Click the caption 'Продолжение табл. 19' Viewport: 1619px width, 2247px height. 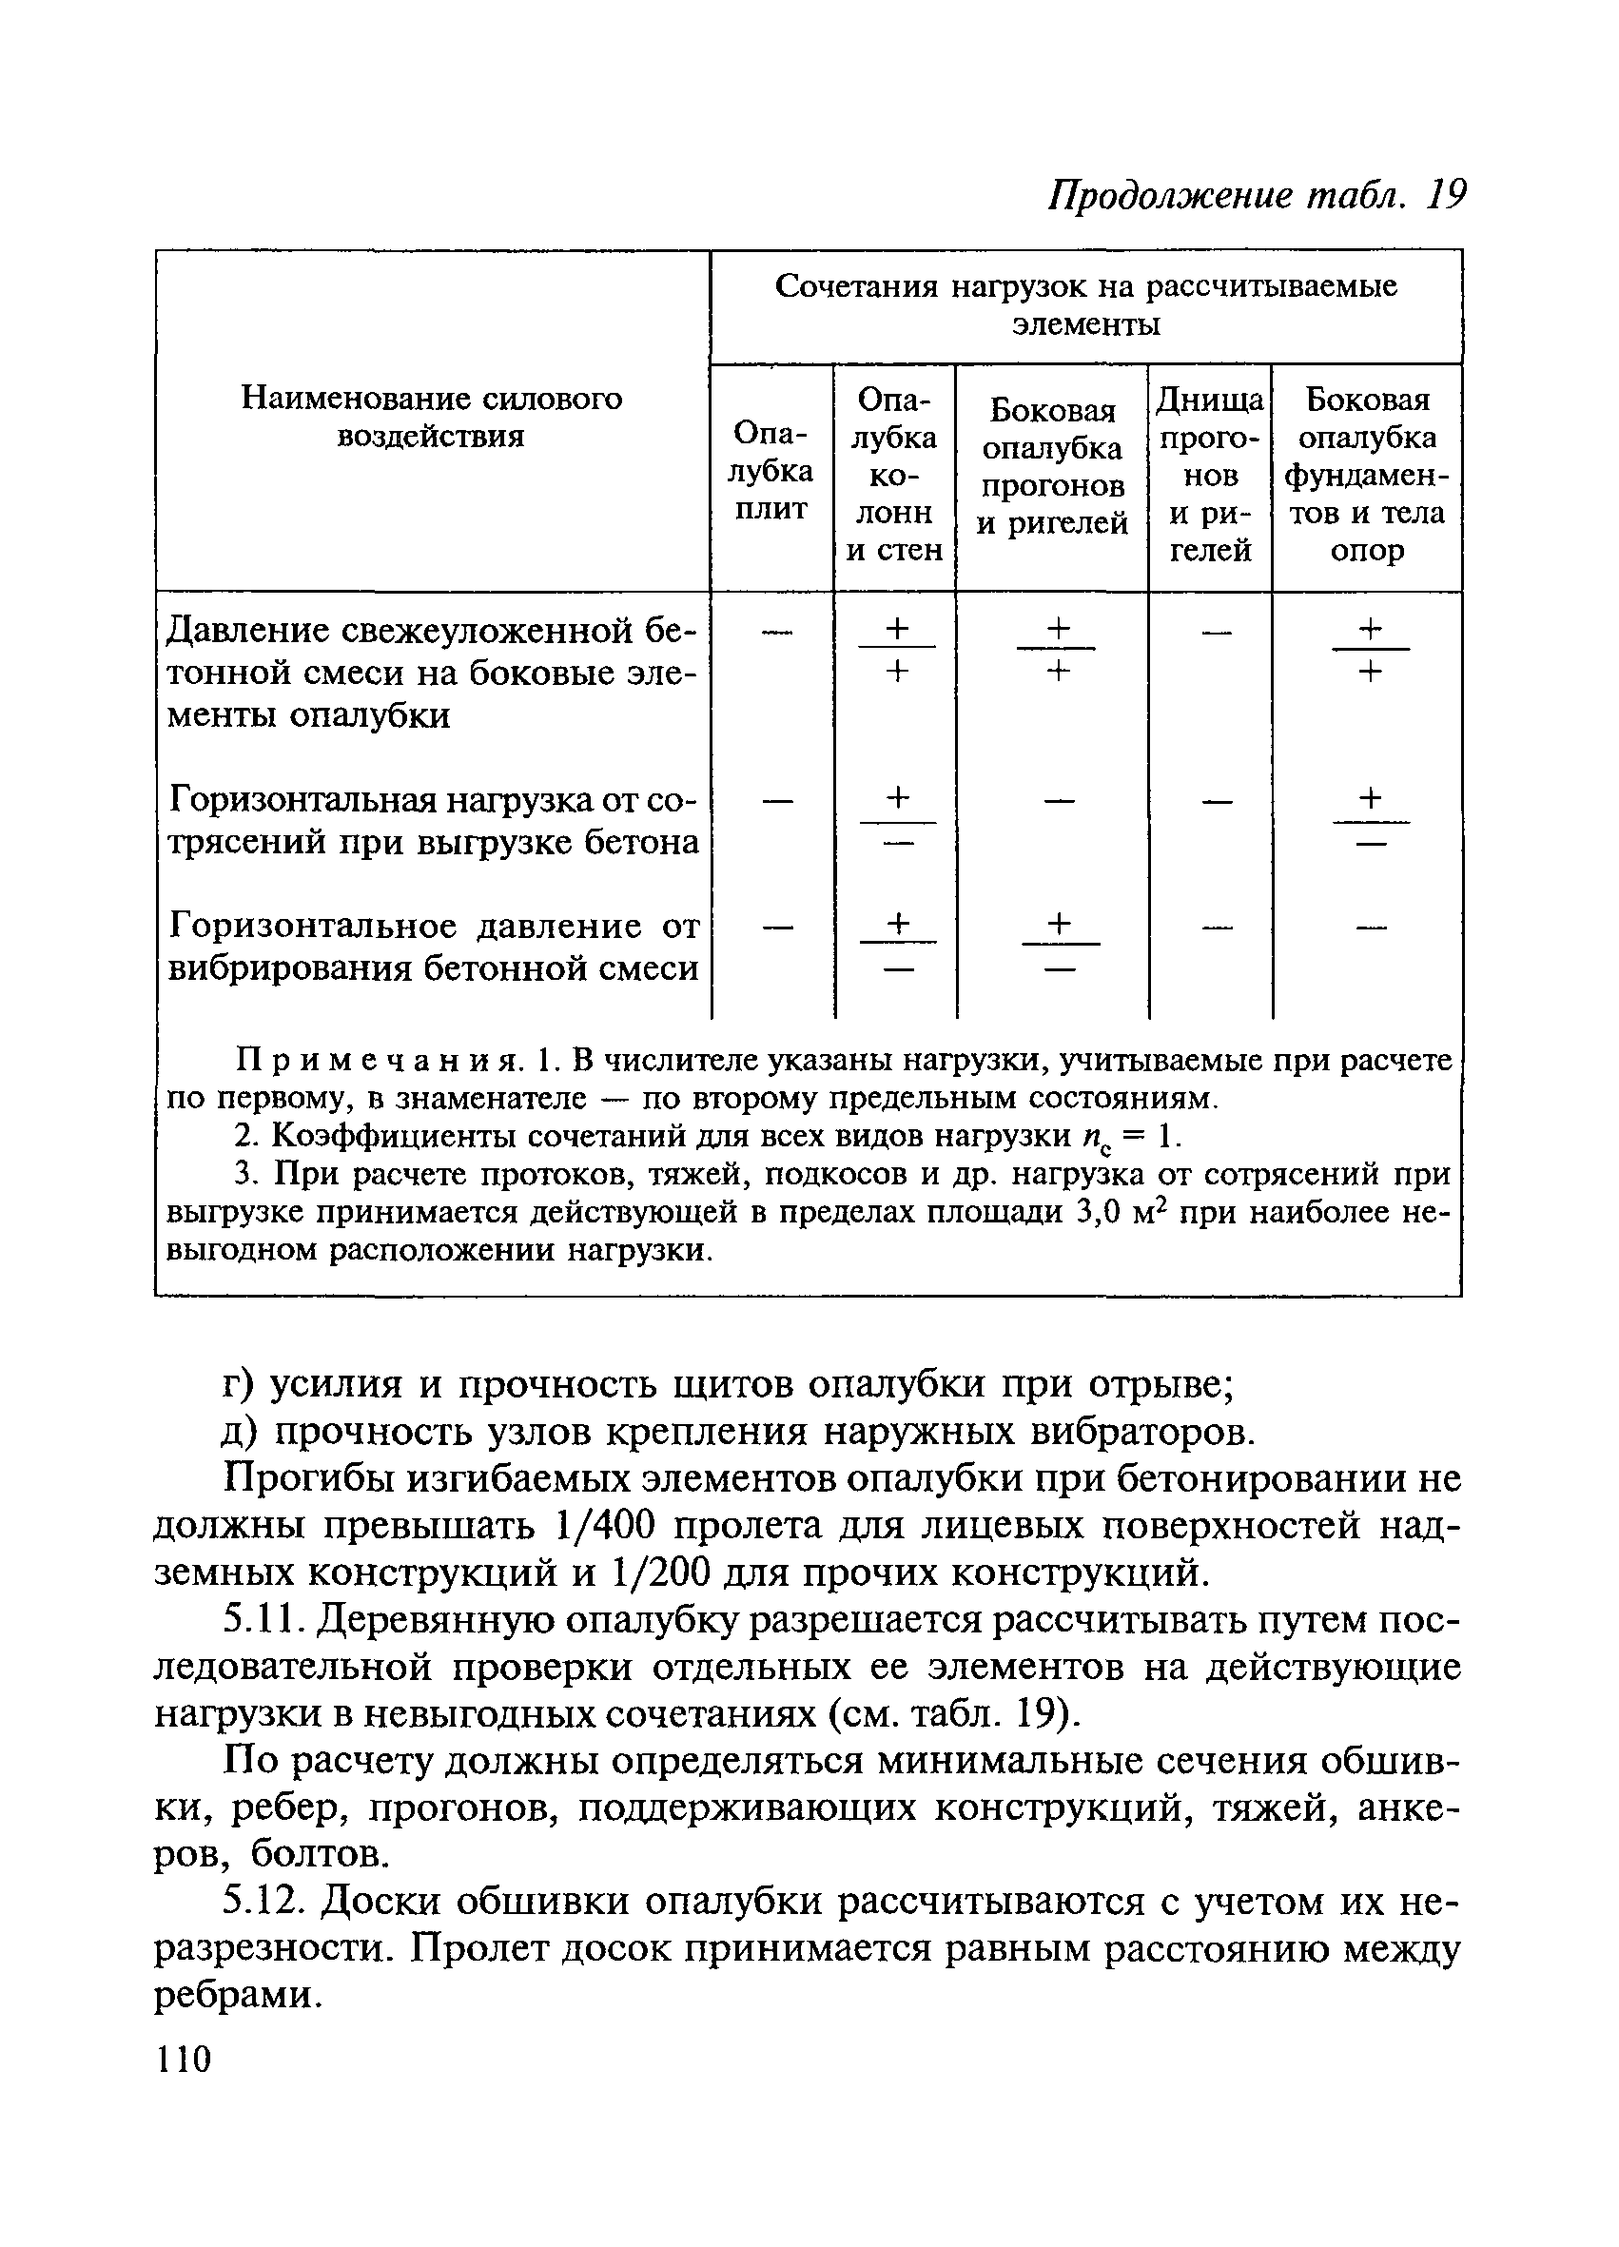[1256, 194]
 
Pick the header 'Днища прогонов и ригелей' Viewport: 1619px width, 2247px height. [1209, 475]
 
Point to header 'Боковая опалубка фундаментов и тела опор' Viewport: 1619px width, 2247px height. [1366, 475]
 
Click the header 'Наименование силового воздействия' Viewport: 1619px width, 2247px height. [432, 417]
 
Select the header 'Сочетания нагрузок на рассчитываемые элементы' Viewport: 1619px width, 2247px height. [1085, 304]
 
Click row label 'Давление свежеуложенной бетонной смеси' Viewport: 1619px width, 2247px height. [432, 672]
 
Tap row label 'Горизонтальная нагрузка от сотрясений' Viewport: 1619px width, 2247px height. [433, 820]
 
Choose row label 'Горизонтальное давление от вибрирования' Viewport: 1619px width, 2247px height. [433, 947]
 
